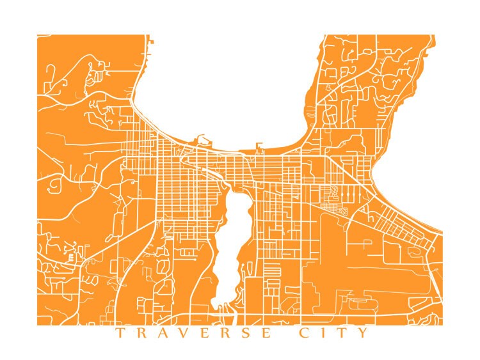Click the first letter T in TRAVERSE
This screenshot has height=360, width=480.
tap(119, 333)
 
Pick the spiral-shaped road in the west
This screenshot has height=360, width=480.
tap(52, 185)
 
